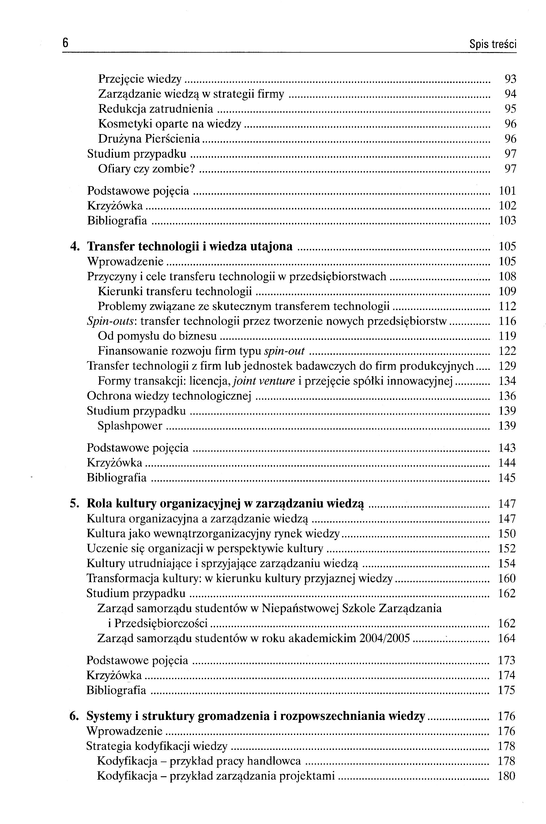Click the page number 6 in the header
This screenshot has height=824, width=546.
point(65,43)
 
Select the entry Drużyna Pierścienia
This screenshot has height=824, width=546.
point(149,139)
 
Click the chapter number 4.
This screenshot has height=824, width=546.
point(74,246)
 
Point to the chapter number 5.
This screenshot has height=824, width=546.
point(74,504)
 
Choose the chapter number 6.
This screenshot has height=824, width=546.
point(74,716)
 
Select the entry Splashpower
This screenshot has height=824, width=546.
point(130,426)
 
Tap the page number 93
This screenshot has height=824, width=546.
point(510,79)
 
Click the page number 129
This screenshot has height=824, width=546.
point(507,366)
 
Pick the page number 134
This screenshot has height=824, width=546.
point(507,381)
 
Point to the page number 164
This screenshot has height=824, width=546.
point(507,638)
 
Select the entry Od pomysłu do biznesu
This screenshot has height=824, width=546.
point(157,336)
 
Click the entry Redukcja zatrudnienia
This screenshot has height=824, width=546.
point(155,109)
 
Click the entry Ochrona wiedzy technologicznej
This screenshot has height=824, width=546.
point(169,396)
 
